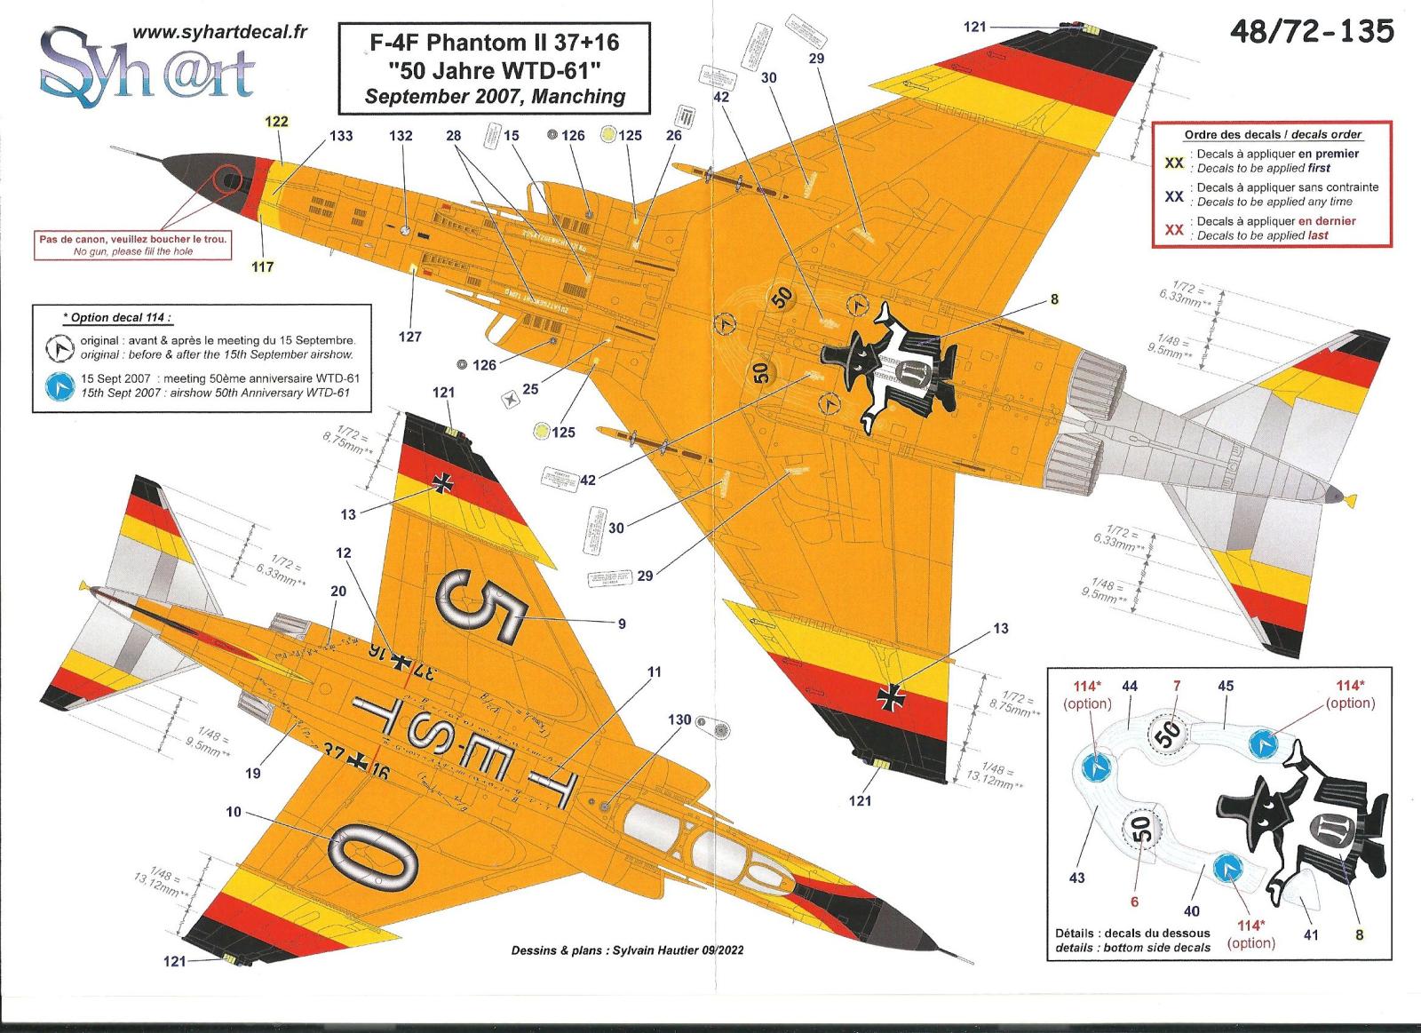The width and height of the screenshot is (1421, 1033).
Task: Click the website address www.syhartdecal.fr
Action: click(x=219, y=32)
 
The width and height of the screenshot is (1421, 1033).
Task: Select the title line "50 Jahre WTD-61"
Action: click(x=496, y=69)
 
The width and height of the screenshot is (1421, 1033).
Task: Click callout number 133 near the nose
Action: click(x=340, y=136)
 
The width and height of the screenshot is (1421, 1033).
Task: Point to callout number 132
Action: click(x=401, y=136)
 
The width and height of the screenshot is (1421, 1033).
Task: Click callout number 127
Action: click(x=409, y=337)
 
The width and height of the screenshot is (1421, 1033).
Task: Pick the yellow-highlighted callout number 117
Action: click(x=263, y=267)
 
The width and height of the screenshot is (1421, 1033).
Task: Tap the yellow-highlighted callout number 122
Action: click(x=277, y=122)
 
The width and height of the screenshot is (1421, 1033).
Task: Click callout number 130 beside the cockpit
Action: click(x=679, y=719)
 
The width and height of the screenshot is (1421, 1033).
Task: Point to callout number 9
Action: click(x=622, y=624)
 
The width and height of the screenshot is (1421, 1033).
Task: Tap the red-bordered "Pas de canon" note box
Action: click(x=132, y=245)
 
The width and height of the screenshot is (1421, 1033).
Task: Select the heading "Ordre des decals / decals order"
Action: click(x=1273, y=134)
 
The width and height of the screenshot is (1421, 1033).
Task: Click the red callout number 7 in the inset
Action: click(x=1176, y=686)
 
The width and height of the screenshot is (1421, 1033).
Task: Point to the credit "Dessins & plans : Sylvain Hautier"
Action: click(x=627, y=950)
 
